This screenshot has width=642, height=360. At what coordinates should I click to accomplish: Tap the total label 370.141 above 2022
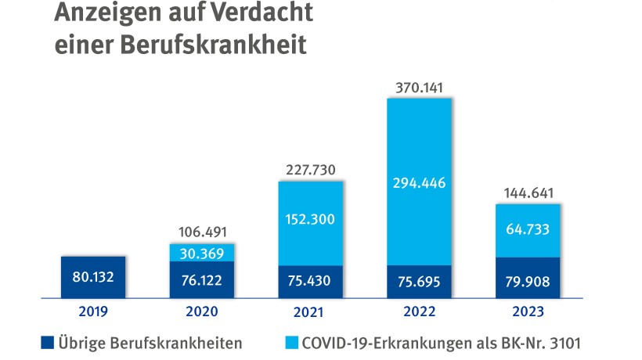420,88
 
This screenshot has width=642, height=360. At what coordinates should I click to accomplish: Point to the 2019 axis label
92,311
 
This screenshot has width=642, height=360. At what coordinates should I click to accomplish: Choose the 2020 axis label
202,311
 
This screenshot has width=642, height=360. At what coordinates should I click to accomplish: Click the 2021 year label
311,311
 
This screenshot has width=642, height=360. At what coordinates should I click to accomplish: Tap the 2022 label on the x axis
420,311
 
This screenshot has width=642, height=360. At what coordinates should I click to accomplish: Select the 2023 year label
529,311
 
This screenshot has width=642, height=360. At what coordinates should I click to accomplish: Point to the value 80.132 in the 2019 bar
92,276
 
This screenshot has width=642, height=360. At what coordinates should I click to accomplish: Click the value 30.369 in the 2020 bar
202,253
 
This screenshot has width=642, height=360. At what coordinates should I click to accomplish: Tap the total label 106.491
202,232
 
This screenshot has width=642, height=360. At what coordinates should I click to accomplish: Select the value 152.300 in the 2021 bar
311,219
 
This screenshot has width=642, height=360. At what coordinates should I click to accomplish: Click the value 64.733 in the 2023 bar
529,230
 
